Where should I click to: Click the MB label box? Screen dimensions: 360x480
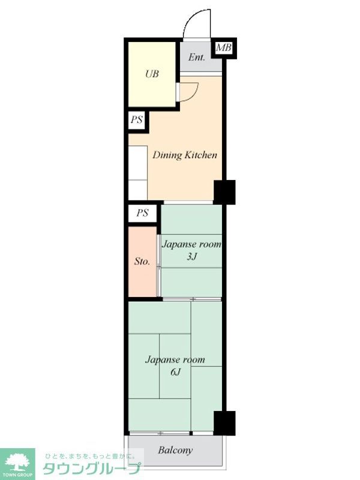point(224,48)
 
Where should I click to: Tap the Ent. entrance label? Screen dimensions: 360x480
point(197,57)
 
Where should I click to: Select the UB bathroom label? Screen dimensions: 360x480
point(152,74)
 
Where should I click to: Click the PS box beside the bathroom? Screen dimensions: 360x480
point(137,119)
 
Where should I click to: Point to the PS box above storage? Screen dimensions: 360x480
point(143,213)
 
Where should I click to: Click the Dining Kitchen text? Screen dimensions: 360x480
point(185,155)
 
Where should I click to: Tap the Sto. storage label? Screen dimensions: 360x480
point(142,262)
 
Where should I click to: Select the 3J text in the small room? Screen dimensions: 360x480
point(191,256)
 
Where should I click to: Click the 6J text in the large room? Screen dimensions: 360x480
point(175,372)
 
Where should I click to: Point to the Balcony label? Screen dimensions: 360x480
point(175,451)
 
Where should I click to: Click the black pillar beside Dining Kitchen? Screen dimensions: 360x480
point(224,192)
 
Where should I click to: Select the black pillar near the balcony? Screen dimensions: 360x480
point(224,423)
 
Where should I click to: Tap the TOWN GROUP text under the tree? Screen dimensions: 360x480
point(17,475)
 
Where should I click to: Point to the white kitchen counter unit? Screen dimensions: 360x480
point(138,173)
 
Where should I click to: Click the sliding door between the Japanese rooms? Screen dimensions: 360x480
point(192,299)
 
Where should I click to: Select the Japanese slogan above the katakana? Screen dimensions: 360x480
point(90,457)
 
